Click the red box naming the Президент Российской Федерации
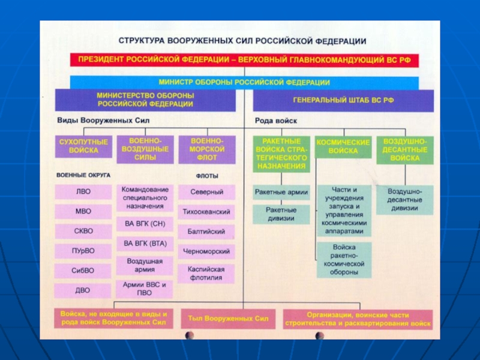244,60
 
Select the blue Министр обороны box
244,82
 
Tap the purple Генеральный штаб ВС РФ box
343,99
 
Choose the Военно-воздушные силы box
145,149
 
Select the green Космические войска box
343,147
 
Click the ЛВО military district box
83,192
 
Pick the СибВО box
83,271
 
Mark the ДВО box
83,290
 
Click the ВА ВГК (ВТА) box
145,244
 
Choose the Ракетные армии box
281,193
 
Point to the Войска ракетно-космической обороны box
344,259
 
